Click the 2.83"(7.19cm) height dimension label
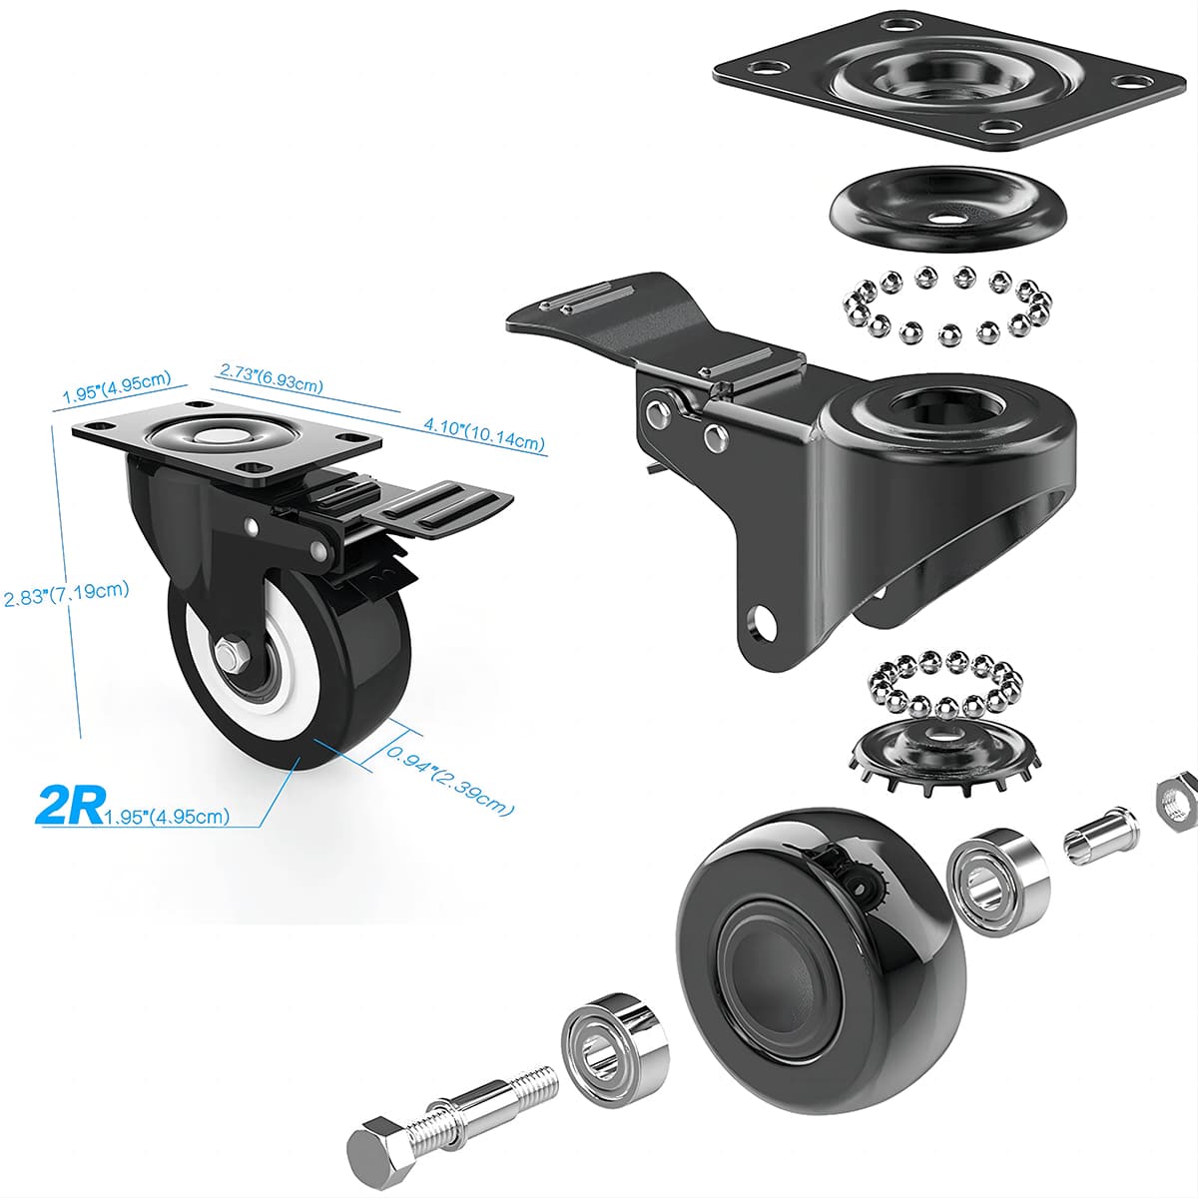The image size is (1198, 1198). [66, 594]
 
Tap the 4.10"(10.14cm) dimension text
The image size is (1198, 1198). [484, 434]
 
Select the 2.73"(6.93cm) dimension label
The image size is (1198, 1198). [271, 376]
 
